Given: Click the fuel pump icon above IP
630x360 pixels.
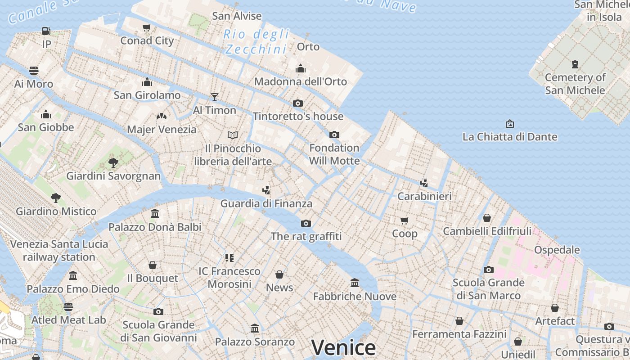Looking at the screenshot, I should click(x=46, y=31).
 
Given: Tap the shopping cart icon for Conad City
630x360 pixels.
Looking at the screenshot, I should click(x=147, y=28).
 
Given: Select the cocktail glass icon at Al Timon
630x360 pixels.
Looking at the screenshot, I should click(x=215, y=97).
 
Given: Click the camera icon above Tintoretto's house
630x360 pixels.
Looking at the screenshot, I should click(x=298, y=103).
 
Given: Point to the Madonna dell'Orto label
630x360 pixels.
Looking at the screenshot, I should click(x=301, y=81).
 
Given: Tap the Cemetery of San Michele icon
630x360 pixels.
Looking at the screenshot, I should click(x=575, y=64).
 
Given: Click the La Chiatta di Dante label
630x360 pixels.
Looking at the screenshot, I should click(x=510, y=137).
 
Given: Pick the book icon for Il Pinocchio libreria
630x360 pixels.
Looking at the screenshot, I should click(x=233, y=135).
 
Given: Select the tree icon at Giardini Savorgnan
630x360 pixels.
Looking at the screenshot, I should click(x=113, y=162).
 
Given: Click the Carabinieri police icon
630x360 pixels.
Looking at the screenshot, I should click(x=424, y=183).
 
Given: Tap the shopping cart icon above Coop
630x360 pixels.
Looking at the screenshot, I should click(x=405, y=220).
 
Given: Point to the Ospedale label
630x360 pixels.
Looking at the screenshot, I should click(x=557, y=250).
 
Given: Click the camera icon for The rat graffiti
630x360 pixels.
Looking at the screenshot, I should click(x=306, y=223).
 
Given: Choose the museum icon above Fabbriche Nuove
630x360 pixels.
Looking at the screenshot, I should click(x=355, y=283).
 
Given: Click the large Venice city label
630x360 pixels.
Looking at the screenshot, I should click(x=343, y=347).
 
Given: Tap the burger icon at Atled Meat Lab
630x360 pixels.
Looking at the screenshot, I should click(x=68, y=307).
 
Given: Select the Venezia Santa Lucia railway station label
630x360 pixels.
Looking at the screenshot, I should click(x=59, y=251).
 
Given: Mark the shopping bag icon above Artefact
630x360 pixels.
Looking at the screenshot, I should click(x=555, y=308).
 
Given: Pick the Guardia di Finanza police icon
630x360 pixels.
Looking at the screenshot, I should click(x=266, y=190).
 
